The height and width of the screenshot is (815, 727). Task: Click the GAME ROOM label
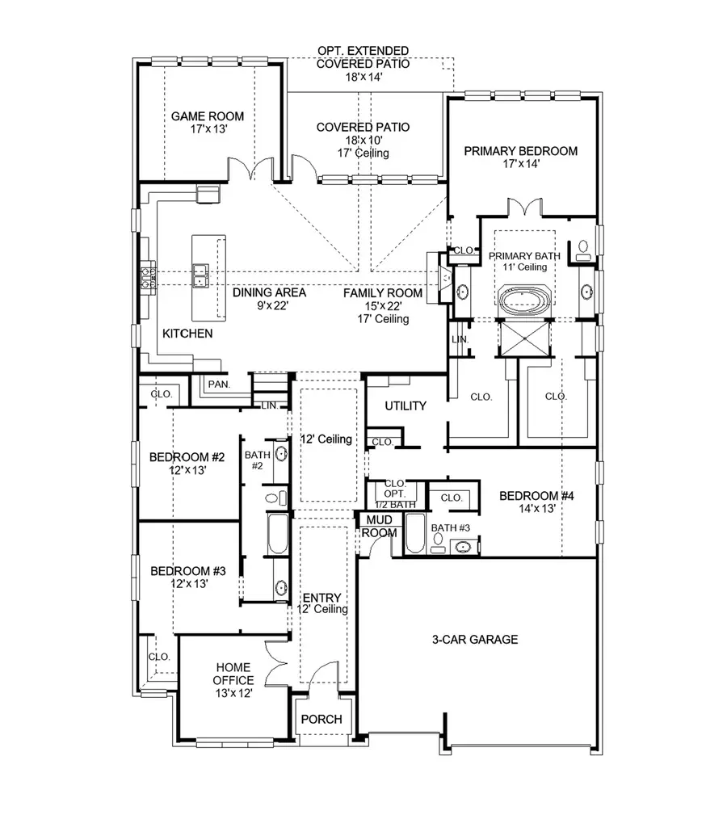207,116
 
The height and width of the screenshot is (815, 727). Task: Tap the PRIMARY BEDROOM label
521,151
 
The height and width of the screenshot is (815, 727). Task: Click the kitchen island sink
201,275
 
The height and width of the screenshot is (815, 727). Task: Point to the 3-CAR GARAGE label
474,640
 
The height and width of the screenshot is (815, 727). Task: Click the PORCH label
321,719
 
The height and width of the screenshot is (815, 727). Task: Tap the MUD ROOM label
377,526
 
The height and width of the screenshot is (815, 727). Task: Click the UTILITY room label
405,405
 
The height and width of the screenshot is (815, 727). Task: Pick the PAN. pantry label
219,385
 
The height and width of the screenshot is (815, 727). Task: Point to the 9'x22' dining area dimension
258,306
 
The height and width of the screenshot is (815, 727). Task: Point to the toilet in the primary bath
584,250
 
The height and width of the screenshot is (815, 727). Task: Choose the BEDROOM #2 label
187,458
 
